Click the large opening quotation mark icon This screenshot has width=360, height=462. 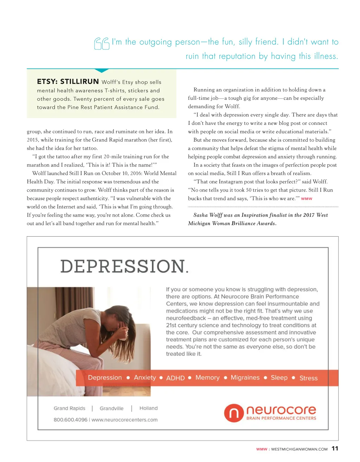tap(102, 44)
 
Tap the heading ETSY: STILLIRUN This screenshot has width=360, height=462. tap(68, 82)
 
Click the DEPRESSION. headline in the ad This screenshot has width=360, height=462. tap(124, 266)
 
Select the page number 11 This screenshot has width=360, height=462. tap(335, 448)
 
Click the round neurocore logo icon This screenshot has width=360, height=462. tap(234, 413)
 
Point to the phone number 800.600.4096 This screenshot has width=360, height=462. tap(70, 419)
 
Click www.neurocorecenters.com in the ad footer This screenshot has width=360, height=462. tap(124, 419)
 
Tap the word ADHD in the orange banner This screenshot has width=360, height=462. tap(175, 378)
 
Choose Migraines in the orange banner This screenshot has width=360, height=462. tap(245, 378)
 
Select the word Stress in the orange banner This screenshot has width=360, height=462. tap(308, 378)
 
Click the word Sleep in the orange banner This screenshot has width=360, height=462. tap(279, 378)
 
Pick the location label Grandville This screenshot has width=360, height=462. tap(111, 408)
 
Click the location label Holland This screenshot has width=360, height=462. tap(148, 408)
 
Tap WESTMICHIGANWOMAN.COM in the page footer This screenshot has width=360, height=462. tap(299, 449)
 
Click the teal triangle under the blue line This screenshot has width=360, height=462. tap(102, 71)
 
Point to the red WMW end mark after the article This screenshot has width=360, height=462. tap(307, 199)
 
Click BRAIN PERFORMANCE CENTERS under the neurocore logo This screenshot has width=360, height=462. tap(281, 418)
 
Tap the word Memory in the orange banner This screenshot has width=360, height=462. tap(207, 378)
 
